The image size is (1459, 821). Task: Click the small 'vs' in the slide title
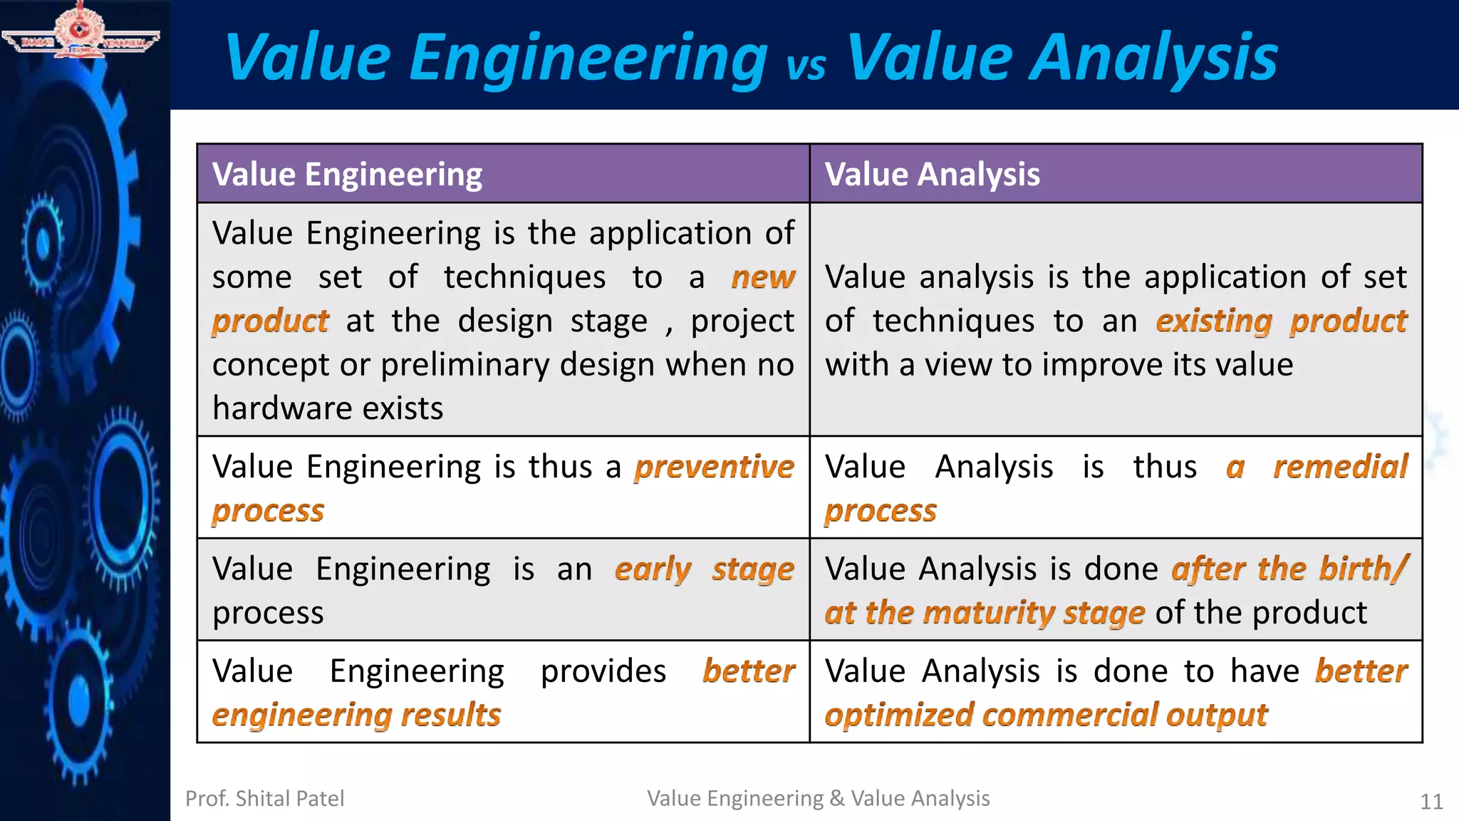point(806,66)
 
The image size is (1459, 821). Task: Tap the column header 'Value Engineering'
point(347,175)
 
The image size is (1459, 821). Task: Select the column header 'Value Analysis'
point(932,175)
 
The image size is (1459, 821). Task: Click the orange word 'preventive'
point(714,468)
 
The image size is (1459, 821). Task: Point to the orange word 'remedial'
point(1340,468)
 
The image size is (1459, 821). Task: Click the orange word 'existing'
point(1213,321)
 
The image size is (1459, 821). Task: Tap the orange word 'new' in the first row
point(762,277)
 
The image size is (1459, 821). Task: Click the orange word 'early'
point(653,569)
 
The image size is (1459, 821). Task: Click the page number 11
point(1431,802)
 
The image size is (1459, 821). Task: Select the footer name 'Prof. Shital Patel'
point(264,799)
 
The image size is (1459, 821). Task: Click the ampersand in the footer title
point(837,799)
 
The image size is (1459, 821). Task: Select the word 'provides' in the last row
point(603,672)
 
